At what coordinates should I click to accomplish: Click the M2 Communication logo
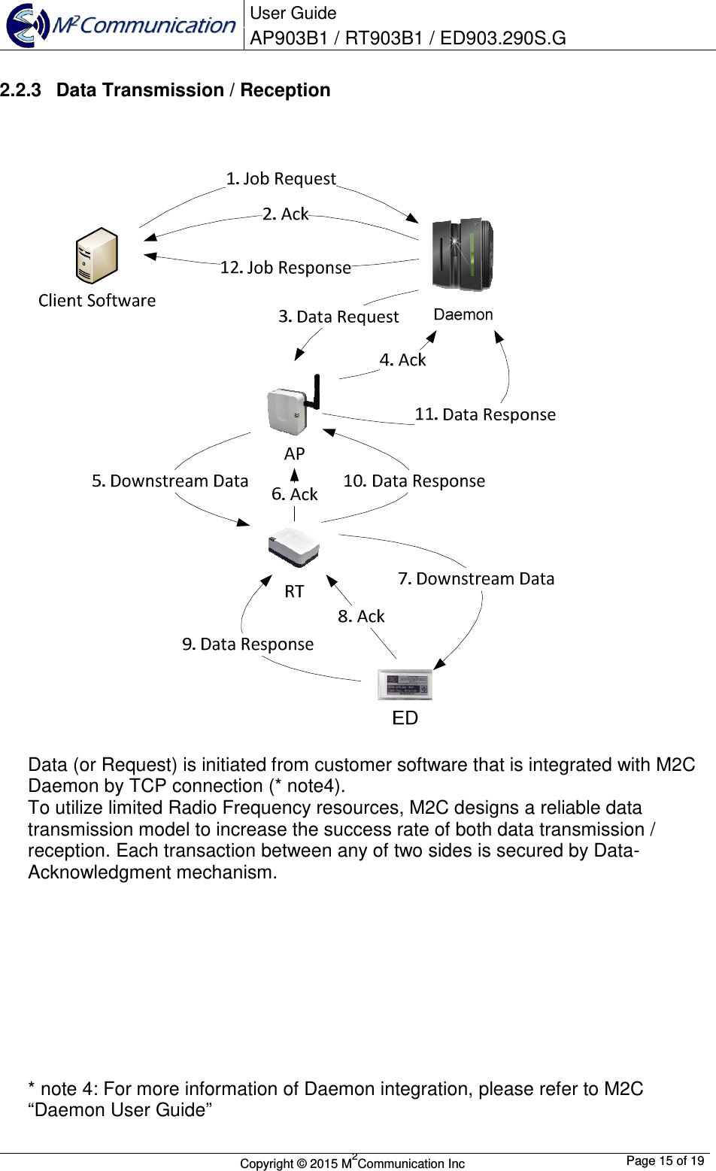[x=121, y=25]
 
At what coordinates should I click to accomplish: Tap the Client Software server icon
[x=97, y=256]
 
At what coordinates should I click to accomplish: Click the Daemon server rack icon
[x=462, y=254]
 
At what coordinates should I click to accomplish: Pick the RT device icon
[x=294, y=547]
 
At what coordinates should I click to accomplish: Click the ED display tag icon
[x=405, y=684]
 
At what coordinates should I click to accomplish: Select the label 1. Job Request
[x=281, y=179]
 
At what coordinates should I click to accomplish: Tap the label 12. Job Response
[x=285, y=268]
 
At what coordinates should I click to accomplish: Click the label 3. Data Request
[x=338, y=317]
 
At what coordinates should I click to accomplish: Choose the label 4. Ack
[x=402, y=360]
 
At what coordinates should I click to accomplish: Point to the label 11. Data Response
[x=485, y=414]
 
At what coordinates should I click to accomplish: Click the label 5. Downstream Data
[x=170, y=481]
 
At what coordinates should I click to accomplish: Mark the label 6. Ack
[x=294, y=494]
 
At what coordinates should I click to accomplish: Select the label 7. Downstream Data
[x=476, y=578]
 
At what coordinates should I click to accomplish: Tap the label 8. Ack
[x=361, y=617]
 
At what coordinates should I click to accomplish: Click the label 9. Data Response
[x=247, y=645]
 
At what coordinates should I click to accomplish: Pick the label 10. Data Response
[x=414, y=481]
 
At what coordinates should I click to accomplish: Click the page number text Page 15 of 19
[x=665, y=1160]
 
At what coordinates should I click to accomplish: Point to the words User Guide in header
[x=293, y=13]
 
